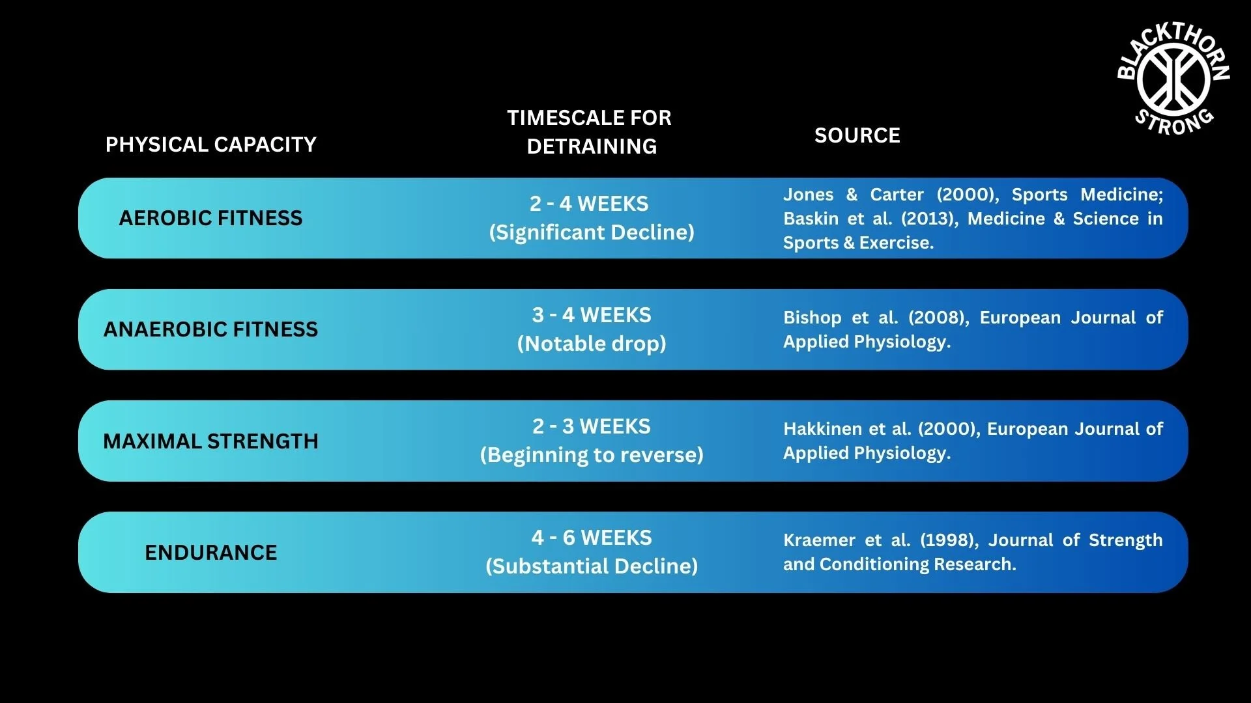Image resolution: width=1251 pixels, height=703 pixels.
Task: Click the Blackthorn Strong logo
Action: (1173, 79)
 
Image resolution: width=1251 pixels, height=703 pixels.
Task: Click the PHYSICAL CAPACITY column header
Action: (211, 145)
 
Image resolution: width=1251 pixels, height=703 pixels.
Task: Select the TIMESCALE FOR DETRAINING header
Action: (590, 132)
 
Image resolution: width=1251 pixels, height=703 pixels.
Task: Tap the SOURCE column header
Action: (857, 135)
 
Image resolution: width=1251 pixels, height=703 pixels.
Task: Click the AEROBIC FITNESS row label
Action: (210, 218)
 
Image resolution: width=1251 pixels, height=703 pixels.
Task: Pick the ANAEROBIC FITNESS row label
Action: (210, 329)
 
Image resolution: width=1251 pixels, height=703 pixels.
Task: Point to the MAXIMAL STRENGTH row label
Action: (210, 441)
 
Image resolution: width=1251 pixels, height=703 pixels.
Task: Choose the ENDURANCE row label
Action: (210, 553)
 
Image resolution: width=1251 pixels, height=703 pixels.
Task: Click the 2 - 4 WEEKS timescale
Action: (589, 204)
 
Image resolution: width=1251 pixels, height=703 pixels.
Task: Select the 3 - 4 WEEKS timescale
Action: (592, 315)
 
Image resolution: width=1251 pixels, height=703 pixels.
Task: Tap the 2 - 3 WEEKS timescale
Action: (592, 426)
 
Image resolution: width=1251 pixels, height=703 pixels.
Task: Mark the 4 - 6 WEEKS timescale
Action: (592, 538)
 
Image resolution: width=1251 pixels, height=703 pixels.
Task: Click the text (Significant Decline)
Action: (592, 232)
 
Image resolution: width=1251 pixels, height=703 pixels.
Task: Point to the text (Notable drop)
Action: (592, 344)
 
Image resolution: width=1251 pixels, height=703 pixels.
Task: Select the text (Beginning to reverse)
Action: (592, 455)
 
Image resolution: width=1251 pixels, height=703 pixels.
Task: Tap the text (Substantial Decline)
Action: (592, 566)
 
